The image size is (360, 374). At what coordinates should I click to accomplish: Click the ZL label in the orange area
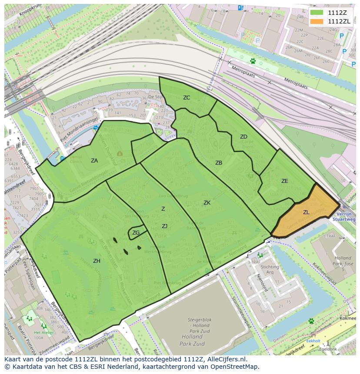306,212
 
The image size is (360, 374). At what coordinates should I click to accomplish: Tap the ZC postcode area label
187,98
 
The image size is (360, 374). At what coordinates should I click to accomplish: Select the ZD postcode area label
243,137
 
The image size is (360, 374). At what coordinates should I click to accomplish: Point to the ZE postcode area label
284,181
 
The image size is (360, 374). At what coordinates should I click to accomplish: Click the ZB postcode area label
219,163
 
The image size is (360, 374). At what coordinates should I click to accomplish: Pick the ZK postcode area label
207,203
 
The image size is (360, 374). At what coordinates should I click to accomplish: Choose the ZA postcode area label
94,161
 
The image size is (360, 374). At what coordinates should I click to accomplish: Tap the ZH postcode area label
97,261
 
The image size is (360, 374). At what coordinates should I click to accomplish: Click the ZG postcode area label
136,233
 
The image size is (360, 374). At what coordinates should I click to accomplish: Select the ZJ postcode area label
164,226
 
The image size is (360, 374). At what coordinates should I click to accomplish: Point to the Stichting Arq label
270,270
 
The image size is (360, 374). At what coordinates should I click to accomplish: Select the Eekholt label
313,341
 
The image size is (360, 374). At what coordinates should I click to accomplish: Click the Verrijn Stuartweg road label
344,216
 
